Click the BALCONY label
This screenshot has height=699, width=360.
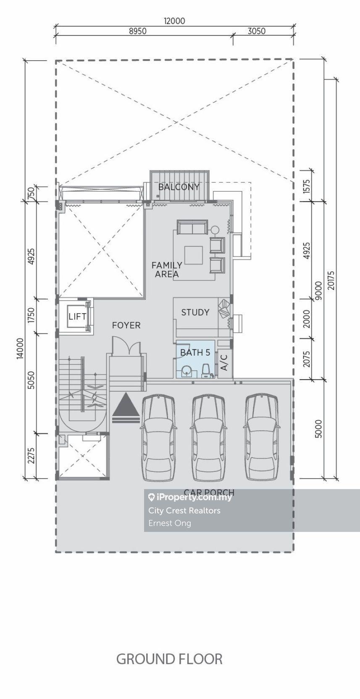179,187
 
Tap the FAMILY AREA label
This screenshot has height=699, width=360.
167,270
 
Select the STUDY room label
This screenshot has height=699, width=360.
195,312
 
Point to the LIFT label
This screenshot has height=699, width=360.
77,317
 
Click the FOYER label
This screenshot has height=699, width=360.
126,325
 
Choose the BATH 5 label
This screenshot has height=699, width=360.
195,353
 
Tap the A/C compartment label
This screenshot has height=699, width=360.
224,362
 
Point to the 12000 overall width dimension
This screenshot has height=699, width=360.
174,21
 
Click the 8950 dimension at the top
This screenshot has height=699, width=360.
138,31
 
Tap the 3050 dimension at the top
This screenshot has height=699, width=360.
257,31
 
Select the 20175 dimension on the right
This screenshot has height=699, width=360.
331,280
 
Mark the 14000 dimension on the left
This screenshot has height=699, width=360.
20,348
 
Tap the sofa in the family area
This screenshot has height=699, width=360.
192,227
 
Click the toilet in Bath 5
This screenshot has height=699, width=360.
206,371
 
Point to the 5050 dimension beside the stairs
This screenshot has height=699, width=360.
31,380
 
